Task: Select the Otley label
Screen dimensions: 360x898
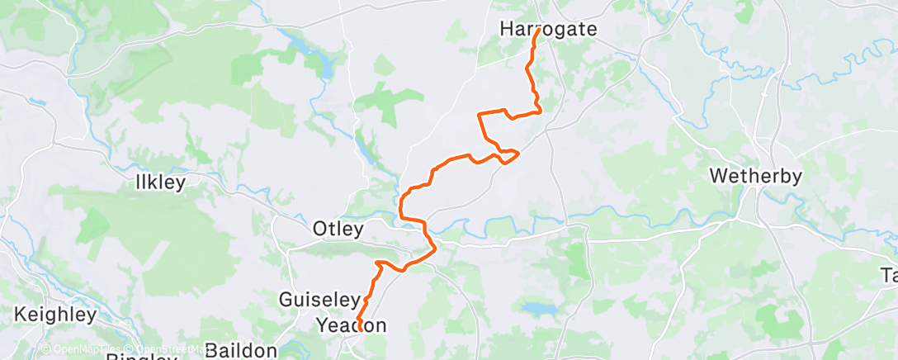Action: (x=338, y=228)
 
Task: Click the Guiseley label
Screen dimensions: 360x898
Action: (x=320, y=300)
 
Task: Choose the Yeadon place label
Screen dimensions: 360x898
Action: (x=352, y=326)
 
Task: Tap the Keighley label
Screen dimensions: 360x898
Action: (x=55, y=315)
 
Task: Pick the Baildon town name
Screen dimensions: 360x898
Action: (x=241, y=351)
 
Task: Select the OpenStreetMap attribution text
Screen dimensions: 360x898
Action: (x=165, y=350)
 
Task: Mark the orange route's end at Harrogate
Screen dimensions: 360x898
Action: (x=537, y=31)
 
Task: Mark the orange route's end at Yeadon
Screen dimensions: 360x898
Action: (x=361, y=330)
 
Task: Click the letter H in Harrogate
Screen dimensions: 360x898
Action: (x=506, y=29)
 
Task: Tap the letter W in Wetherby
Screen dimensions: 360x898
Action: (x=717, y=177)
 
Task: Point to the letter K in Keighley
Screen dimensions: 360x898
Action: (x=21, y=315)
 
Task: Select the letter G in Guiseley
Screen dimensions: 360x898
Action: (x=286, y=300)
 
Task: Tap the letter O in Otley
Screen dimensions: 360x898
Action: (x=319, y=228)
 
